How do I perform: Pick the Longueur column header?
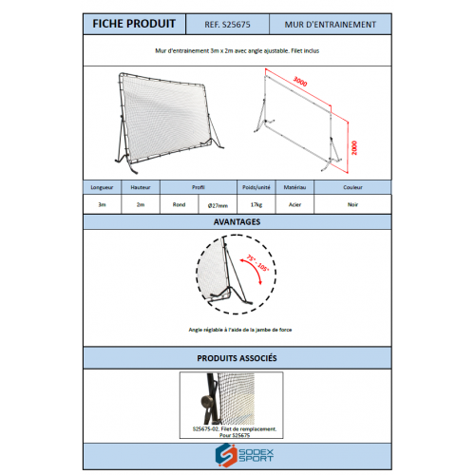coord(102,188)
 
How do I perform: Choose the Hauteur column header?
coord(141,188)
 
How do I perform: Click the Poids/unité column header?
coord(257,188)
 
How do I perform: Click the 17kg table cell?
coord(257,204)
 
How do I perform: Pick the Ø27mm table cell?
coord(218,204)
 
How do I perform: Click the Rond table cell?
coord(179,204)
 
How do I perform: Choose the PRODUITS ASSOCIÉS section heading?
coord(237,360)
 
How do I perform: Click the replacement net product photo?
coord(231,398)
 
